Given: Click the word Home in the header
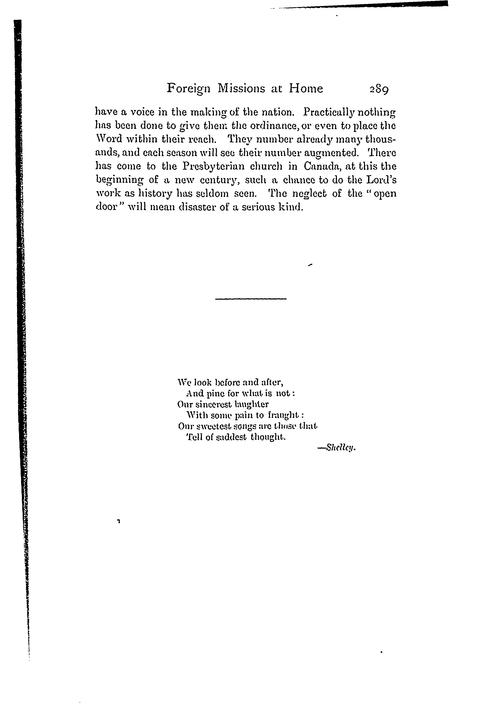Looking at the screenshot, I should pos(306,89).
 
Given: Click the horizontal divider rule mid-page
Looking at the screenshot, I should pos(251,299).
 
